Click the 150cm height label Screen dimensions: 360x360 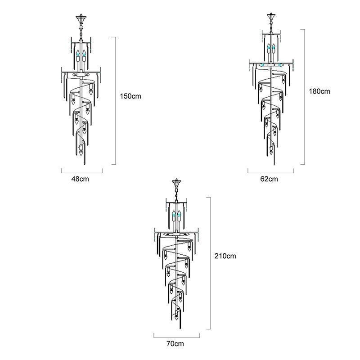tap(131, 96)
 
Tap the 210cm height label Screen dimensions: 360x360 tap(225, 256)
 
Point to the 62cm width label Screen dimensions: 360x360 tap(269, 179)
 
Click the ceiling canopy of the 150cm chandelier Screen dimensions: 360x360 tap(81, 19)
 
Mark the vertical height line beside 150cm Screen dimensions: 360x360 tap(116, 100)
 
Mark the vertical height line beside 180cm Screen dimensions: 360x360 tap(305, 97)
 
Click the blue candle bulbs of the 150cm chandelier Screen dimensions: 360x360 tap(81, 54)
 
